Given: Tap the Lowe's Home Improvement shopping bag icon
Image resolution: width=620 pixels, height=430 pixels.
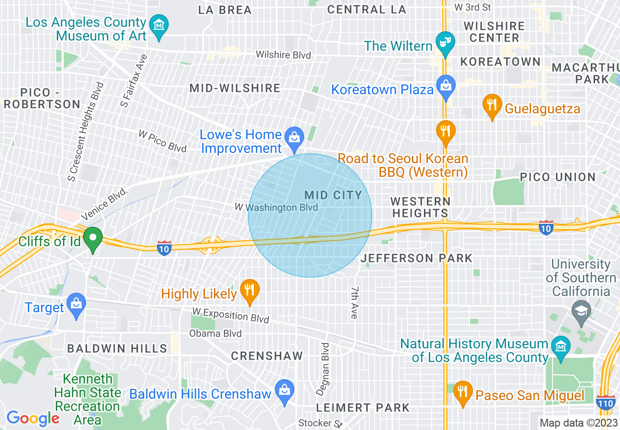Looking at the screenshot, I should click(x=294, y=137).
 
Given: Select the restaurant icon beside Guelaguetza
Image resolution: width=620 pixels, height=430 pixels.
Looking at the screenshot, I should click(x=492, y=105).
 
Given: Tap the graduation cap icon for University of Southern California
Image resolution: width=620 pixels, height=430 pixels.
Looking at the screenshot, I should click(x=581, y=310).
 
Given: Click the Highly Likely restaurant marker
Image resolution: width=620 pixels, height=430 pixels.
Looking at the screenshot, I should click(x=250, y=290).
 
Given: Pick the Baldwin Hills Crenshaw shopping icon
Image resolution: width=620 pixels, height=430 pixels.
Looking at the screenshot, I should click(x=284, y=390).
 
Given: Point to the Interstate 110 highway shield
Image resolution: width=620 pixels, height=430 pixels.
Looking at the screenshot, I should click(x=606, y=402).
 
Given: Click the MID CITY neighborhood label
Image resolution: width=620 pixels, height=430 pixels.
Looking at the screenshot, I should click(x=333, y=195).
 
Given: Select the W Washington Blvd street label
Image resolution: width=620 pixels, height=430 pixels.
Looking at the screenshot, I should click(x=276, y=207).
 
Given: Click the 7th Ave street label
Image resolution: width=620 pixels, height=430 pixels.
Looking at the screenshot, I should click(x=354, y=303).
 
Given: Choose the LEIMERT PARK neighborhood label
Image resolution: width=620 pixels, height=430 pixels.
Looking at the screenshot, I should click(x=363, y=407).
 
